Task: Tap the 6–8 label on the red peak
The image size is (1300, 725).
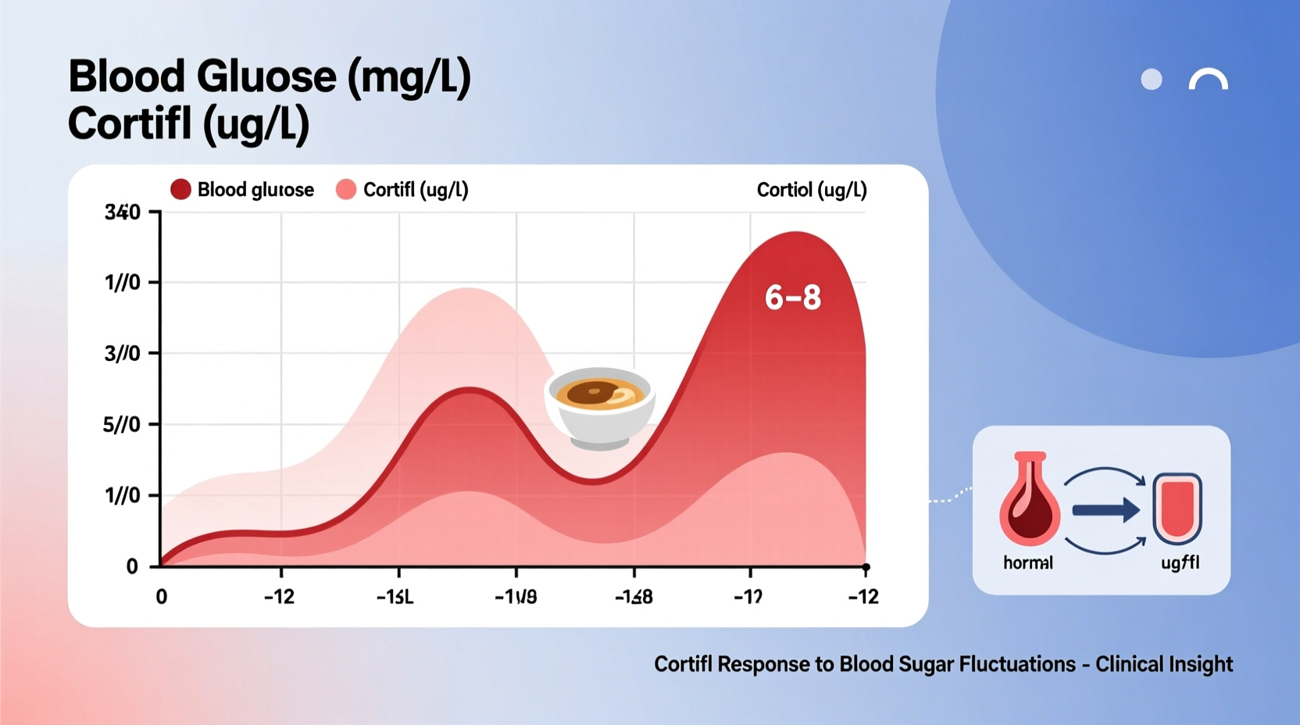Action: [792, 298]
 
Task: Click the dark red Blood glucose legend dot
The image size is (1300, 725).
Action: [180, 190]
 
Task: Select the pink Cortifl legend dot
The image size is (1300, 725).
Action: [346, 190]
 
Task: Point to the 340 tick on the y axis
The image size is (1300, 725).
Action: [123, 212]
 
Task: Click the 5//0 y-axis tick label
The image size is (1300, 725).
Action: [122, 425]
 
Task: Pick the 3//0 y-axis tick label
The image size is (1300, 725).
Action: [123, 354]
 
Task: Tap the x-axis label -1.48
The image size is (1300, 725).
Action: [634, 598]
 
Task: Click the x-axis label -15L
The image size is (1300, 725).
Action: [395, 598]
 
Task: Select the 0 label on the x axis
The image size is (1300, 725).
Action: [162, 598]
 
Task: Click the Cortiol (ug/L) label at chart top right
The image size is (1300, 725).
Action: [812, 190]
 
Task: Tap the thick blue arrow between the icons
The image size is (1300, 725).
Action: [1105, 510]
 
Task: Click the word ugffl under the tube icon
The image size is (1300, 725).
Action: [1180, 562]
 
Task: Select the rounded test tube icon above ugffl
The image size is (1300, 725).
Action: [1177, 509]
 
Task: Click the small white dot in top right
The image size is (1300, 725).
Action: [1152, 80]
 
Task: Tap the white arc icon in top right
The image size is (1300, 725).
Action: [1209, 80]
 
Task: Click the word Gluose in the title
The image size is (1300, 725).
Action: [266, 77]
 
